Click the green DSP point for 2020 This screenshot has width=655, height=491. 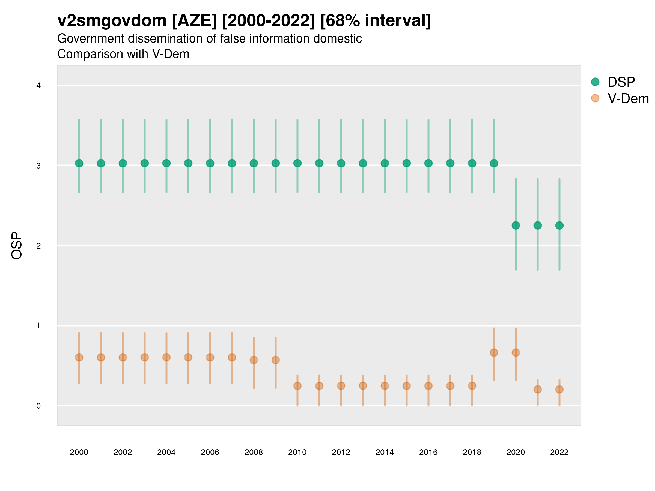(516, 226)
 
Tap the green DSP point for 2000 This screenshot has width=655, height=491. (79, 163)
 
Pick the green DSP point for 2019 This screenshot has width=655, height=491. (494, 163)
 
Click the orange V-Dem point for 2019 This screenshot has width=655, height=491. (494, 352)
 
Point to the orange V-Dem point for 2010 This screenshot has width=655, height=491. (297, 386)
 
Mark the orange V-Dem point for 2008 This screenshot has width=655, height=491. (254, 360)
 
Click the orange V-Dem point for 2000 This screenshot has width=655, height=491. (79, 358)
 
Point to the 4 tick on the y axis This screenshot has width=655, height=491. (38, 86)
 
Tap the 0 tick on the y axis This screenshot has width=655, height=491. (38, 406)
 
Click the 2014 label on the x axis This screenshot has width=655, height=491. (385, 452)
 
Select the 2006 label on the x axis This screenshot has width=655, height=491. (210, 452)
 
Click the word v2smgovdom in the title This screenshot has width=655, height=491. (112, 21)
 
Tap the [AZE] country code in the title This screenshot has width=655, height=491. (194, 21)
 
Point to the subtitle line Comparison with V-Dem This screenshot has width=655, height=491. (123, 54)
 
